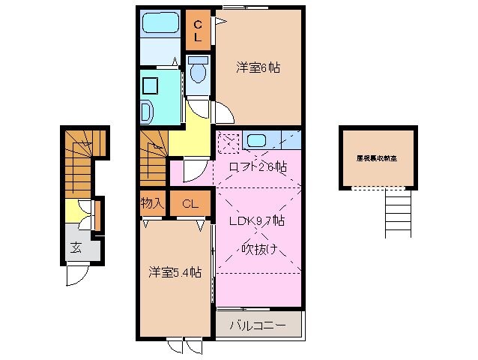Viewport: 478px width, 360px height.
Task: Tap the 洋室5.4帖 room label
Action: pyautogui.click(x=174, y=273)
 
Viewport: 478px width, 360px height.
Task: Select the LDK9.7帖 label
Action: pyautogui.click(x=255, y=222)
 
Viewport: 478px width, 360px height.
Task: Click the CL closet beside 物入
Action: pyautogui.click(x=189, y=202)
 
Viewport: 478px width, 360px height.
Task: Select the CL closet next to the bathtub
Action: pyautogui.click(x=199, y=30)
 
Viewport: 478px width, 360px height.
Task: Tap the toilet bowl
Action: pyautogui.click(x=199, y=73)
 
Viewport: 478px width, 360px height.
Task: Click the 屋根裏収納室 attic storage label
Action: pyautogui.click(x=377, y=158)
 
